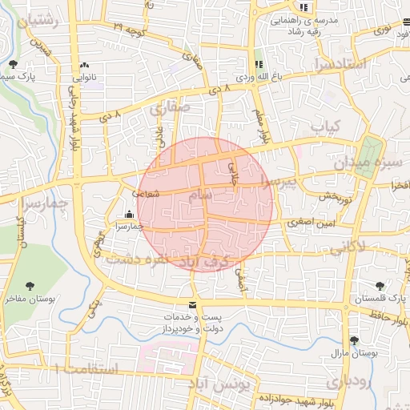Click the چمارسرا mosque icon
[x=130, y=214]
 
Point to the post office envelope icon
[x=191, y=305]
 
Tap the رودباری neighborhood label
[x=348, y=382]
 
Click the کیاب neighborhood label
[x=325, y=126]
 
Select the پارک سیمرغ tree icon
[x=12, y=64]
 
